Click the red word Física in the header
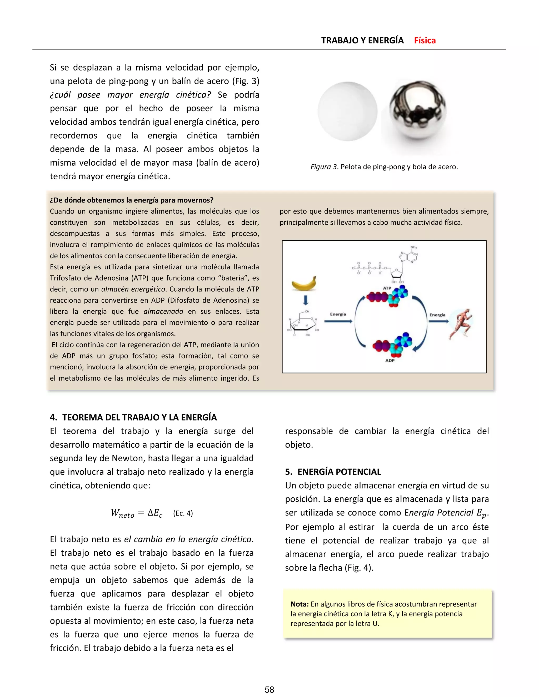point(425,41)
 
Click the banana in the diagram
point(304,283)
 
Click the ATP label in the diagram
point(387,288)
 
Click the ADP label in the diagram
point(390,360)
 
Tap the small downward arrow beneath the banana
point(306,300)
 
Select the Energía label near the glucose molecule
point(338,314)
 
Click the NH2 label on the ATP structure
point(413,247)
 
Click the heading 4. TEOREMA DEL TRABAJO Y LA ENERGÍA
point(133,417)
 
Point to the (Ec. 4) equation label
point(183,513)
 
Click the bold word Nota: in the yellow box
point(299,604)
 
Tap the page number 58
point(269,690)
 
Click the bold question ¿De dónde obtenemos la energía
point(132,200)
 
